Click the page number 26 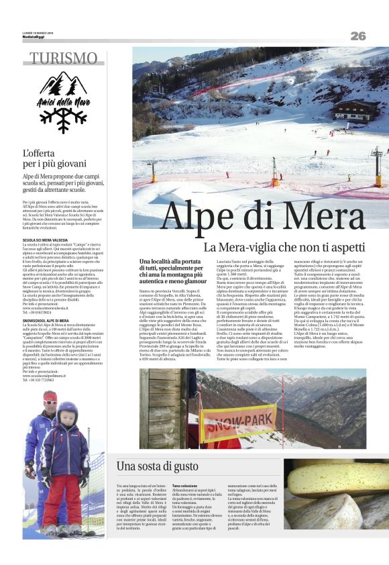click(357, 36)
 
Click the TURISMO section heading click(64, 58)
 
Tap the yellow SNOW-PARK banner click(239, 423)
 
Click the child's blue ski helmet click(68, 411)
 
